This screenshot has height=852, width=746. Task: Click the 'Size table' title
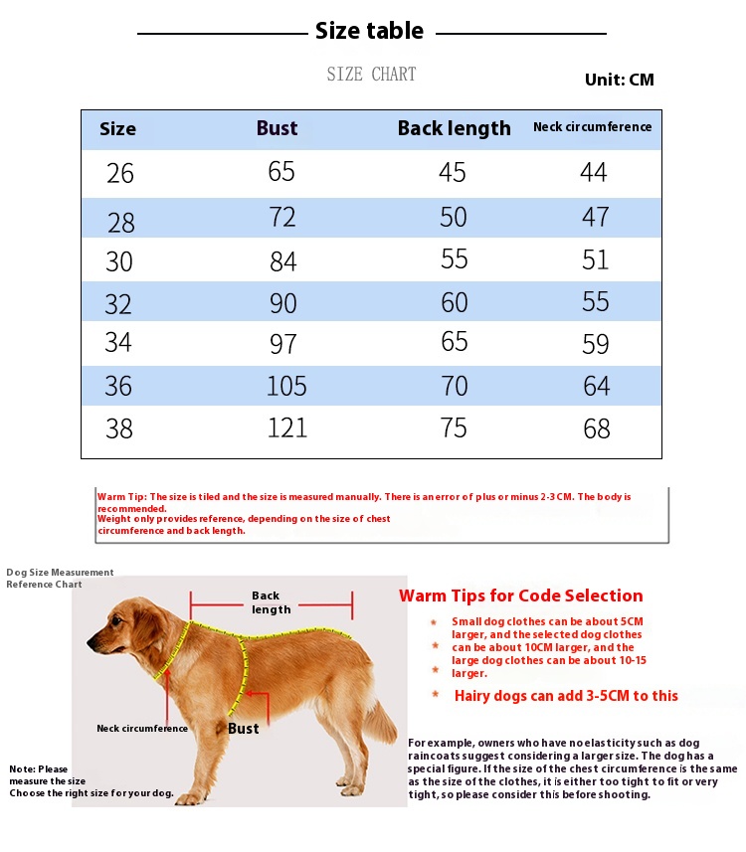369,31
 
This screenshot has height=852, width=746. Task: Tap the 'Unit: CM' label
619,80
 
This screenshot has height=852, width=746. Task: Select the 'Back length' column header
454,128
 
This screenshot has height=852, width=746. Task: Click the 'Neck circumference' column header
592,126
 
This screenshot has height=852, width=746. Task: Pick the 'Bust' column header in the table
277,128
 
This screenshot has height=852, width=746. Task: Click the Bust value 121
286,427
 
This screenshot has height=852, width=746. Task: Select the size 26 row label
120,174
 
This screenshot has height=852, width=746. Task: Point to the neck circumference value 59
596,345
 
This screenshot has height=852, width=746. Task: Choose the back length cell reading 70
454,385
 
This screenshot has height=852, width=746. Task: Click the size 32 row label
118,304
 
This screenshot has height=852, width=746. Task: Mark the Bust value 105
286,386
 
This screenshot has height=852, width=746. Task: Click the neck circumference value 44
594,173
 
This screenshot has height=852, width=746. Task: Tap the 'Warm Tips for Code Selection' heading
520,596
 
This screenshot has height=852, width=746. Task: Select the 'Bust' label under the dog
243,729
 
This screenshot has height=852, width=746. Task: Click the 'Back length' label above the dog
271,602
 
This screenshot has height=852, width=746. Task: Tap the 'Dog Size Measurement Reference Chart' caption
60,578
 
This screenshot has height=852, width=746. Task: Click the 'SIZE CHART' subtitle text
371,75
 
